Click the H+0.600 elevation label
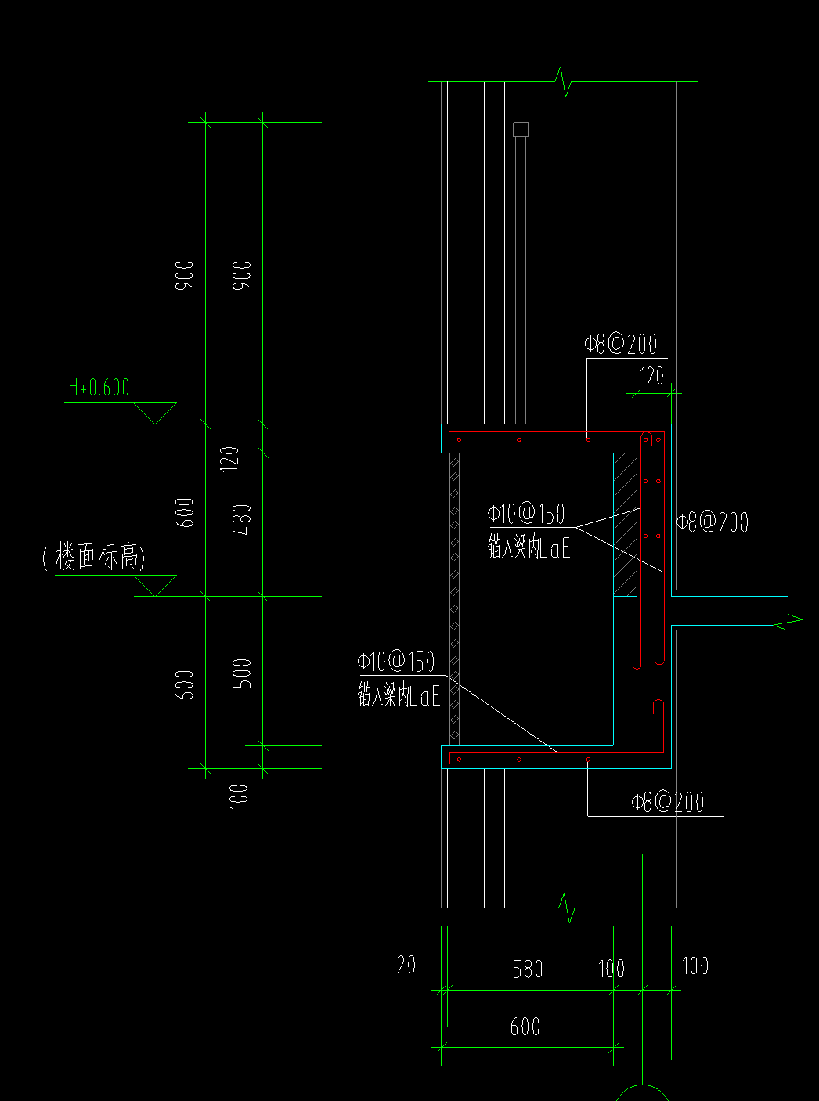(x=99, y=388)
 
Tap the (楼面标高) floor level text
(x=94, y=557)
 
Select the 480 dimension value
(x=244, y=519)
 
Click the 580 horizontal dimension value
(x=528, y=969)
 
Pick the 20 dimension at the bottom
(x=406, y=965)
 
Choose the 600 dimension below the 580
(x=525, y=1027)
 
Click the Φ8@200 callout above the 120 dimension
(x=620, y=344)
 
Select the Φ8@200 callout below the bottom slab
(x=668, y=802)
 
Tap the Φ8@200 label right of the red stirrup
(x=713, y=522)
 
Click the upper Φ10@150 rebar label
(x=526, y=514)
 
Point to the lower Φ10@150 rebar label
(x=396, y=662)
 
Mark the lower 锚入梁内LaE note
(x=399, y=695)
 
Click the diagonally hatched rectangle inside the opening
(x=625, y=525)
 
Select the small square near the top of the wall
(x=521, y=129)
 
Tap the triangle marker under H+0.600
(x=155, y=412)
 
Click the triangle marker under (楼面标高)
(x=155, y=584)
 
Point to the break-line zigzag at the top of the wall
(x=563, y=81)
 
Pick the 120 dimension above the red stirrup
(x=652, y=376)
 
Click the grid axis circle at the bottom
(x=642, y=1095)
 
